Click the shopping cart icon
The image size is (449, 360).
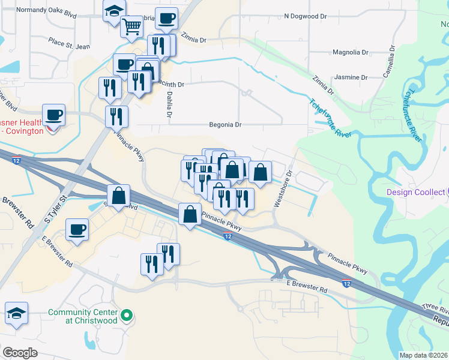coord(131,25)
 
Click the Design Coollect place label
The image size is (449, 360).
coord(414,192)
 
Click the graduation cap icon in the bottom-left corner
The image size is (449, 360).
coord(16,313)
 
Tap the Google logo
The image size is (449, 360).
coord(20,352)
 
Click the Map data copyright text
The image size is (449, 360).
coord(423,355)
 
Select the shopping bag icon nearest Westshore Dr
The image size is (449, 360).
coord(260,172)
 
